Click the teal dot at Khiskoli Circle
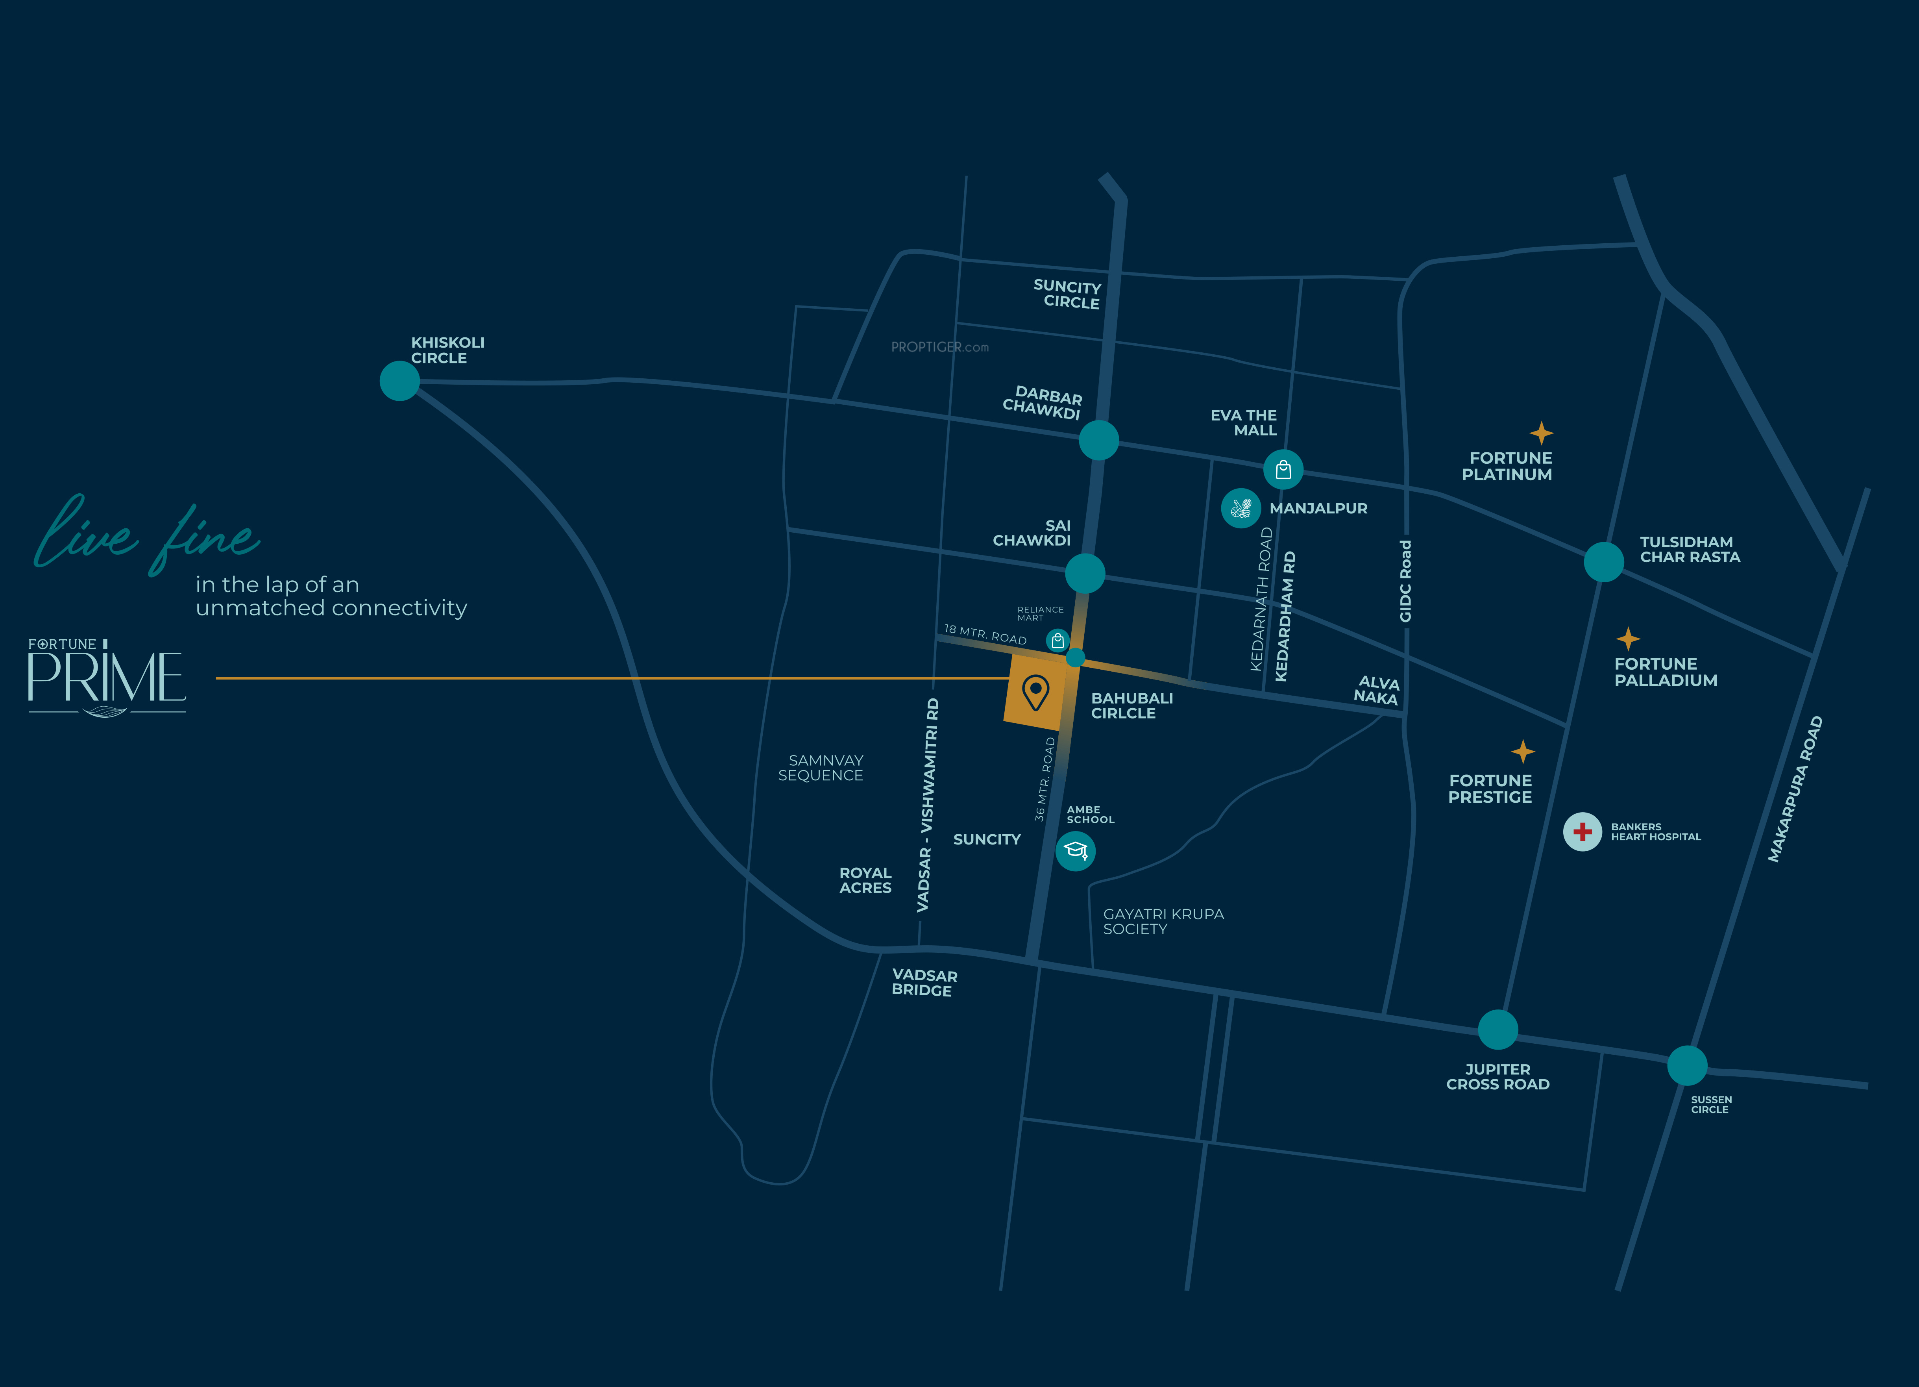pos(399,381)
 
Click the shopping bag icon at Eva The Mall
pos(1283,469)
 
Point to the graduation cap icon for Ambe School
pos(1076,850)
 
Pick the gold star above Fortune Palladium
pos(1627,638)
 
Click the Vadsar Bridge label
pos(924,983)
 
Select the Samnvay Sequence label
pos(821,768)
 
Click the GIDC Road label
pos(1405,581)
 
